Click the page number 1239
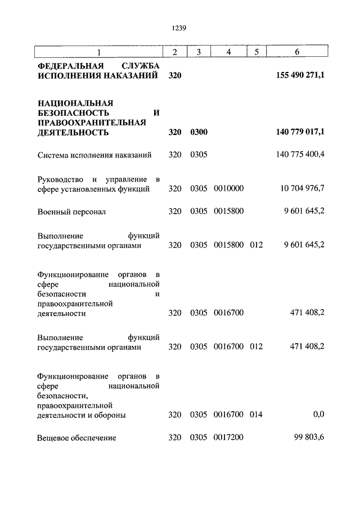(180, 27)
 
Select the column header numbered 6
(297, 52)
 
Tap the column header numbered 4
(228, 52)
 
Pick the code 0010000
(228, 189)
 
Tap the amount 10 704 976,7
(303, 189)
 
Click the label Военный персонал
(71, 212)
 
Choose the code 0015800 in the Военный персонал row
(228, 212)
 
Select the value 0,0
(319, 415)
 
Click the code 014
(256, 415)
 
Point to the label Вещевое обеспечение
(76, 438)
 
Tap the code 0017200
(228, 438)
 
